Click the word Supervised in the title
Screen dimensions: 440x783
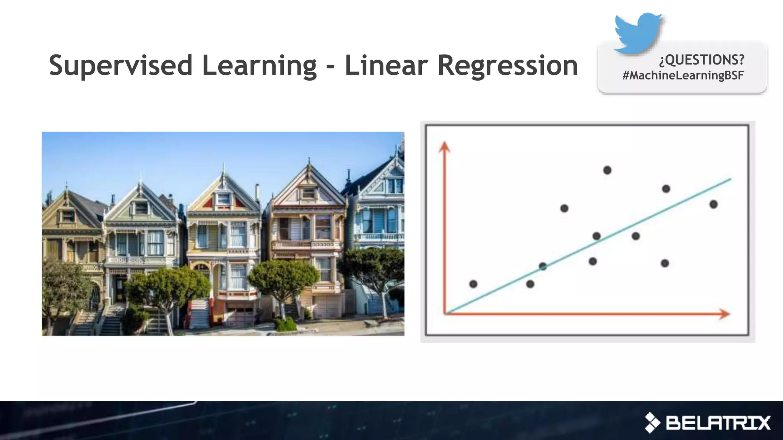[x=121, y=66]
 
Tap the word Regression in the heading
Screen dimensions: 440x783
[x=507, y=66]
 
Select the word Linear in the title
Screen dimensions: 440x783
[x=387, y=66]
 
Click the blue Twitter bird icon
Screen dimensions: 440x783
[x=638, y=32]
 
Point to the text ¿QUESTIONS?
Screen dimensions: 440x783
[x=702, y=60]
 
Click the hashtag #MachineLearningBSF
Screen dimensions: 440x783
[x=683, y=75]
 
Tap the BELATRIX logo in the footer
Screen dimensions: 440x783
[x=708, y=423]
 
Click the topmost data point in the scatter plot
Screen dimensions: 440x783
[x=607, y=170]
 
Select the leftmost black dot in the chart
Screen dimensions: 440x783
[x=473, y=284]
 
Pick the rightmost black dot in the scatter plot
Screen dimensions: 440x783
[x=713, y=204]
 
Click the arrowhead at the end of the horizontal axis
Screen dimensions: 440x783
[x=725, y=314]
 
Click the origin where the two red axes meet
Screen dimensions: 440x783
[x=445, y=314]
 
